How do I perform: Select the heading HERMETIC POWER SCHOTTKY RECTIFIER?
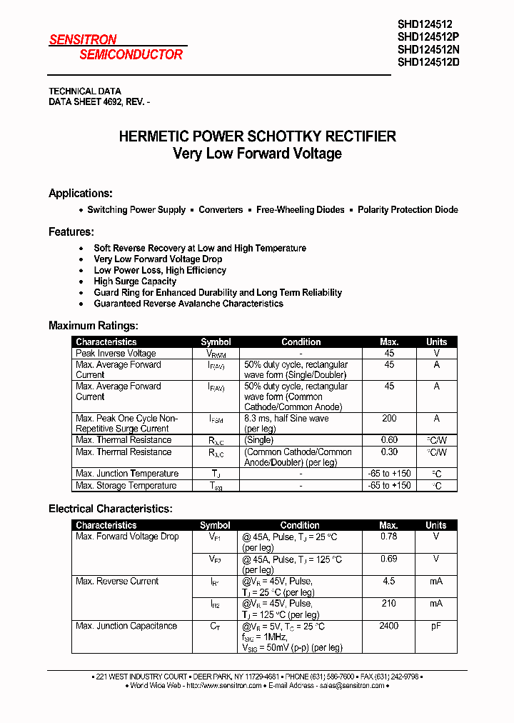pos(257,136)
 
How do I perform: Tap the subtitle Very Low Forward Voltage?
pos(257,154)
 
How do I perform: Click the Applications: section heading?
pos(81,194)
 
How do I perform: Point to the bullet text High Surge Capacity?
pos(135,281)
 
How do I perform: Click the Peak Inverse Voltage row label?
pos(116,354)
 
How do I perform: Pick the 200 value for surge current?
pos(389,419)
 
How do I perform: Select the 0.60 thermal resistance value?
pos(389,440)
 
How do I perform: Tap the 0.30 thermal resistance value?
pos(389,452)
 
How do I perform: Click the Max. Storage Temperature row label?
pos(126,486)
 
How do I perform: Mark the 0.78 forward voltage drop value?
pos(389,537)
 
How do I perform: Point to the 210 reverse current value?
pos(389,604)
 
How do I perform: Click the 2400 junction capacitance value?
pos(389,626)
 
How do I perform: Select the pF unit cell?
pos(436,626)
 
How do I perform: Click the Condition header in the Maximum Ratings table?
pos(301,342)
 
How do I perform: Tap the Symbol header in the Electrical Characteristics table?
pos(215,525)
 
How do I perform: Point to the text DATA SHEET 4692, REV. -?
pos(99,102)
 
